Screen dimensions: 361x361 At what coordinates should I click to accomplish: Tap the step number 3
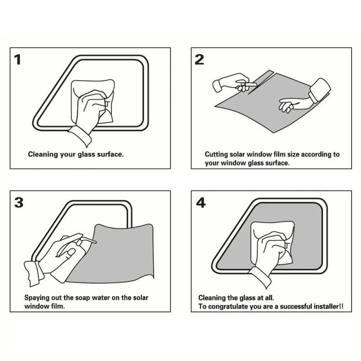(x=19, y=202)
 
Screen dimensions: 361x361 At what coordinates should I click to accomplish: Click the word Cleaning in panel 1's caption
(x=42, y=154)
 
